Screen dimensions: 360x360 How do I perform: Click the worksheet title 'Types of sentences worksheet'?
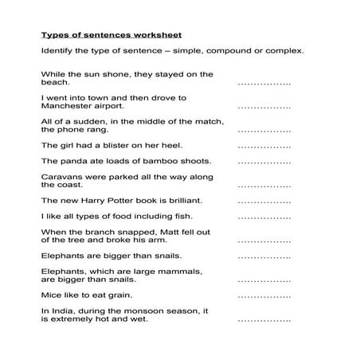coord(112,35)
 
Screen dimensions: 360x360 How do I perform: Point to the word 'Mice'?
coord(53,294)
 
